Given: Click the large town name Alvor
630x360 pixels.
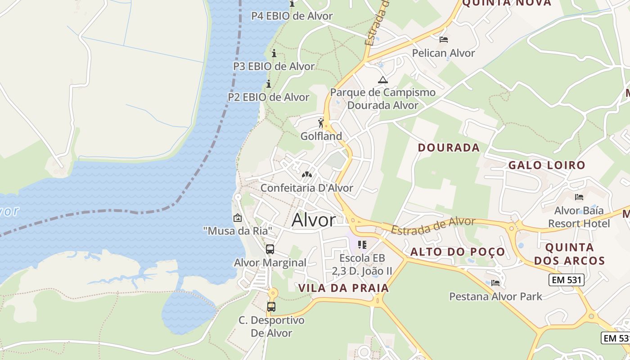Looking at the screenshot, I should tap(314, 220).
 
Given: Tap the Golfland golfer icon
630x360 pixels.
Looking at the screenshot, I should tap(321, 123).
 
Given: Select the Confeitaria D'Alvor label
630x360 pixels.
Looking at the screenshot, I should tap(307, 188).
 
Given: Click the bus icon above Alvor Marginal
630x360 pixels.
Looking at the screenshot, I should tap(270, 249).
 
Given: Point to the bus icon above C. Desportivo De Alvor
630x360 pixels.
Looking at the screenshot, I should tap(271, 307).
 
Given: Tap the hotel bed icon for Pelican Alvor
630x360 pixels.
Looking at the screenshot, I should tap(444, 40).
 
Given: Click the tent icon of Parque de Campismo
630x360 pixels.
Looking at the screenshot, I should tap(383, 80).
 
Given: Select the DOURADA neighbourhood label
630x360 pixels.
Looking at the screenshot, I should tap(449, 148).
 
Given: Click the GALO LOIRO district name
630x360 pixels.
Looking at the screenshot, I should tap(547, 165).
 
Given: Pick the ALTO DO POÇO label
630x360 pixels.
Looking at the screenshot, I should tap(458, 252).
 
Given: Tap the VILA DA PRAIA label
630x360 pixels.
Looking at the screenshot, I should tap(344, 288).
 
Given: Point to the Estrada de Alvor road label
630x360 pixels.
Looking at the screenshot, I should tap(433, 225).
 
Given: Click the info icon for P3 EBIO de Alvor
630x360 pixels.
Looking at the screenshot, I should tap(274, 54).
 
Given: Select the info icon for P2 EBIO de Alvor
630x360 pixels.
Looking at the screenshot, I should tap(269, 84).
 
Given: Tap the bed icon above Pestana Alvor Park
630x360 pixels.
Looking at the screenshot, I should tap(495, 283).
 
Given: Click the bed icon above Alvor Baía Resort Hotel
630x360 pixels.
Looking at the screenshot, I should tap(579, 197).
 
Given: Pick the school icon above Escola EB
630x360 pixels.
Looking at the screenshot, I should tap(362, 245).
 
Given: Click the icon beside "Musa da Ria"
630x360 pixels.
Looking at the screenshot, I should tap(237, 218).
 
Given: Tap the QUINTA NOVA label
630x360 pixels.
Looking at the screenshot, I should tap(507, 3).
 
